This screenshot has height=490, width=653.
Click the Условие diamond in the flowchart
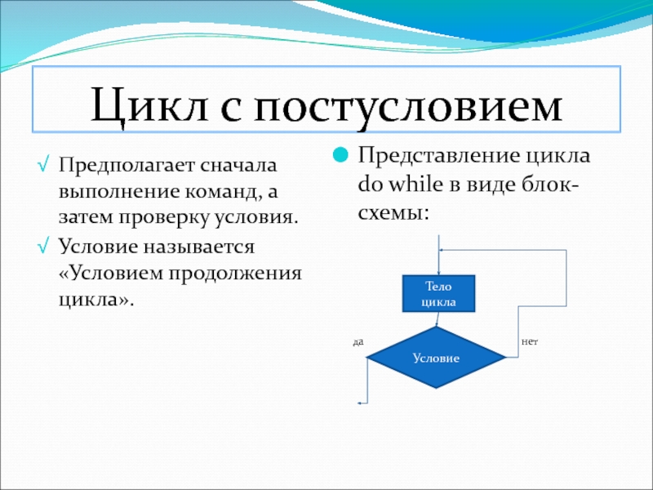436,358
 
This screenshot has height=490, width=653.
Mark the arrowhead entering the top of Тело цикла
438,273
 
